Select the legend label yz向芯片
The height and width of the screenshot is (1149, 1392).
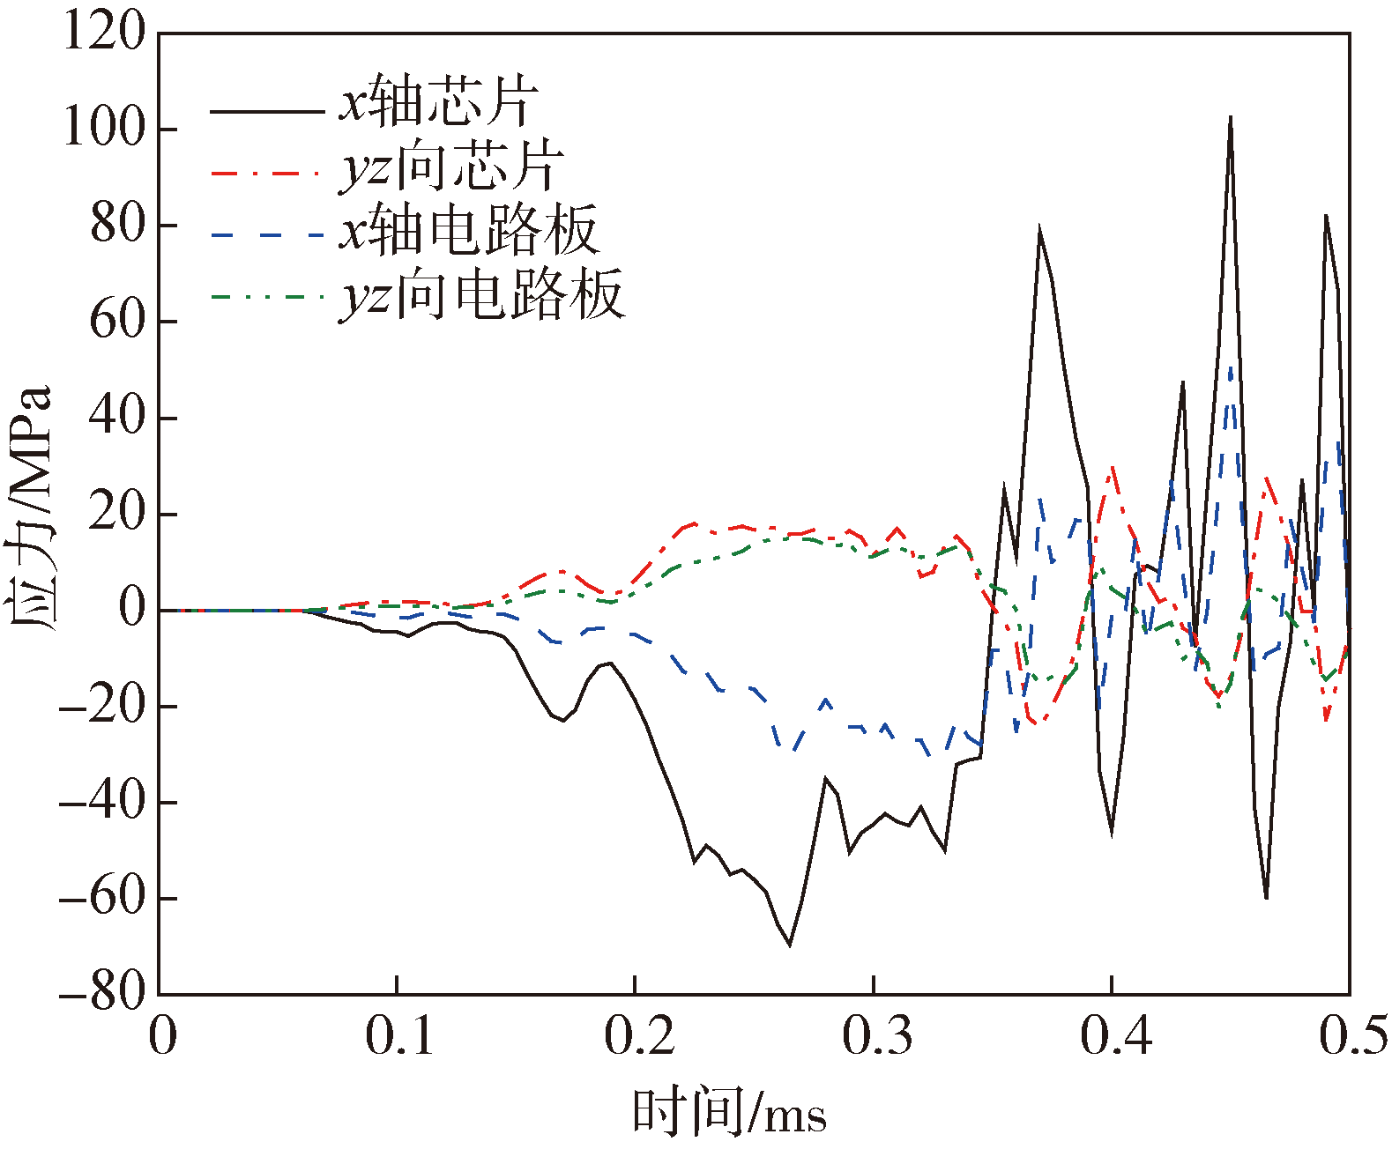[x=450, y=167]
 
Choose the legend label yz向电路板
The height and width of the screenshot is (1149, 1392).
[x=481, y=295]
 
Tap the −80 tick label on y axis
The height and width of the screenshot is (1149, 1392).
[x=102, y=993]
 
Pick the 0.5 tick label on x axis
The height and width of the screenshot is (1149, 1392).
[x=1352, y=1036]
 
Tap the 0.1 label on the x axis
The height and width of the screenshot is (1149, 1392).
[x=399, y=1036]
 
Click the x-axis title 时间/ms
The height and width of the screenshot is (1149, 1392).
[x=729, y=1112]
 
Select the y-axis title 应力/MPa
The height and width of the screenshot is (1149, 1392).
[x=30, y=508]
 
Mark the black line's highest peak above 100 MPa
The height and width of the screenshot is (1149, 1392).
[x=1231, y=118]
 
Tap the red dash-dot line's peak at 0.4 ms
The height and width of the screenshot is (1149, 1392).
[x=1113, y=468]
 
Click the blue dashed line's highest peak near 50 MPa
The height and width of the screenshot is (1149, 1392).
[x=1231, y=368]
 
